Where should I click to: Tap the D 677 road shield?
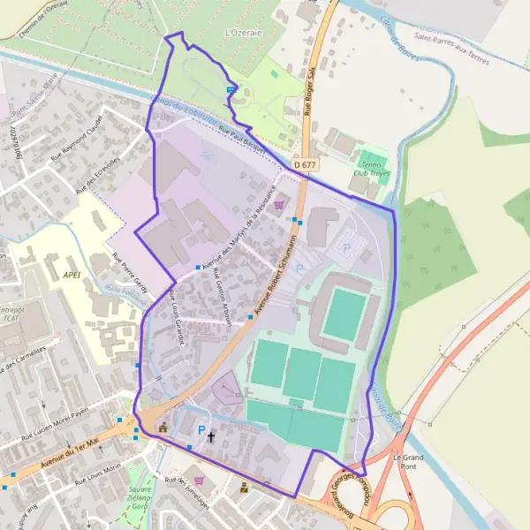coord(306,164)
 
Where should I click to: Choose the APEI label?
coord(72,275)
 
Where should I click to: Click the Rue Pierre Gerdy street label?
coord(130,269)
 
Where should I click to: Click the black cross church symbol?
coord(210,437)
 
